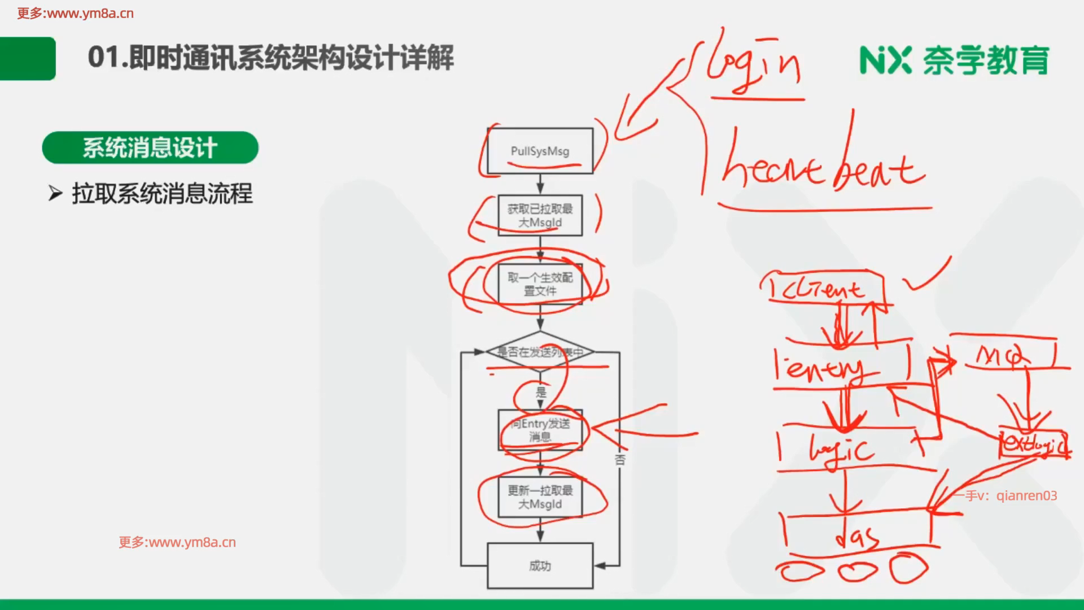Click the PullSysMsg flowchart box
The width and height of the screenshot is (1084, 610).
tap(540, 151)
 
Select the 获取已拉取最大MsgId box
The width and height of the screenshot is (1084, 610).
tap(540, 215)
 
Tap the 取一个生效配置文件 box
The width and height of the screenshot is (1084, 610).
tap(540, 284)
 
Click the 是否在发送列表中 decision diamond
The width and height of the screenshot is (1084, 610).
tap(540, 352)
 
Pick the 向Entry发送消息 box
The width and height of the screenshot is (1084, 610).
tap(540, 430)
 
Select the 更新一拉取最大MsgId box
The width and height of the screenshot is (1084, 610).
tap(540, 497)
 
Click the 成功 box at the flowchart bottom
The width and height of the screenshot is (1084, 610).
tap(540, 565)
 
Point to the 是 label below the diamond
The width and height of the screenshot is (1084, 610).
tap(541, 391)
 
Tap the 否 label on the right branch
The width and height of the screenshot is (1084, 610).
tap(620, 460)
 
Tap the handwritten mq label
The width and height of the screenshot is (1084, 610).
tap(1002, 356)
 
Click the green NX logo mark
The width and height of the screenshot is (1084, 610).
tap(885, 60)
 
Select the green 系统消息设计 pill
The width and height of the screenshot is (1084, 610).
tap(150, 148)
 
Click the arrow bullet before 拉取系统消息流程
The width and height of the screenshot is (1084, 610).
tap(55, 194)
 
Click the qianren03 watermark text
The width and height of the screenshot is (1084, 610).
tap(1026, 496)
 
